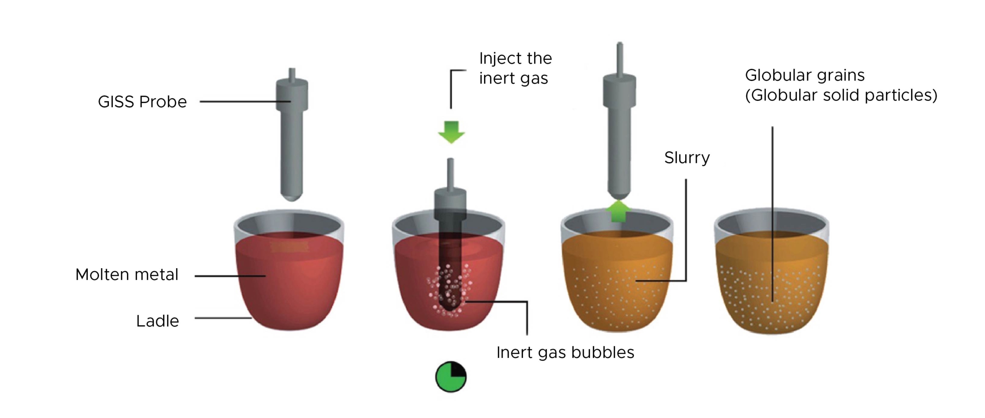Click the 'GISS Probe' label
pos(142,102)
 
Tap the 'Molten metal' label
pos(127,275)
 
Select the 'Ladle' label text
pos(157,321)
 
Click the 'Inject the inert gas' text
pos(515,68)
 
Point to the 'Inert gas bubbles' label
pos(565,353)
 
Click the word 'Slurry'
pos(687,158)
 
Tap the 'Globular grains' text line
pos(805,75)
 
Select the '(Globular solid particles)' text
pos(841,95)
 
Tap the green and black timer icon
pos(451,377)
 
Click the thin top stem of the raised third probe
pos(619,58)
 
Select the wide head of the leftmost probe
pos(292,94)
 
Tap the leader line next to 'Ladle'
pos(223,318)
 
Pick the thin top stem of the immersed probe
pos(450,173)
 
